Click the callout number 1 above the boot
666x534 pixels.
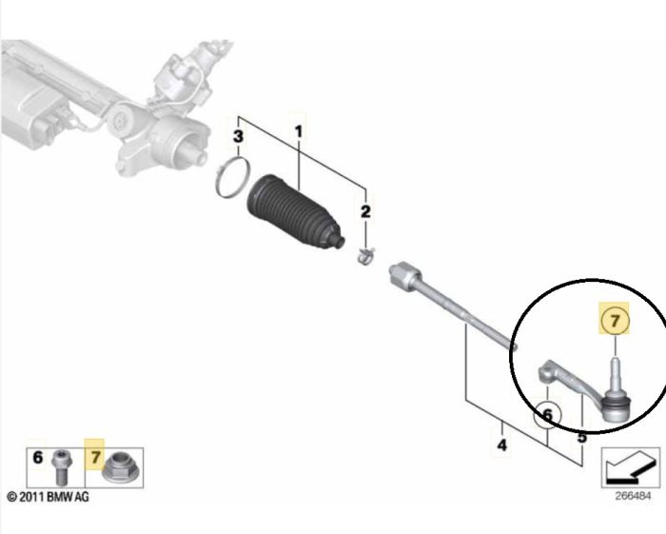(299, 131)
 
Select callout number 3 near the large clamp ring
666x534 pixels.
(238, 137)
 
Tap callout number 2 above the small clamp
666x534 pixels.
(365, 211)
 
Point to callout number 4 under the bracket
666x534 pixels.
(502, 445)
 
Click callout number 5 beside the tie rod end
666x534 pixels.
(582, 436)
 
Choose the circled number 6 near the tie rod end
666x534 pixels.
(548, 415)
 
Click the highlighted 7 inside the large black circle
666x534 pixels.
(615, 321)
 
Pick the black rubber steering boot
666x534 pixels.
(295, 211)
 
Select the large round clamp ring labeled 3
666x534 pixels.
(232, 177)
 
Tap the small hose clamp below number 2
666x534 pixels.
(365, 256)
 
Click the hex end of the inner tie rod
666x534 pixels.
(402, 273)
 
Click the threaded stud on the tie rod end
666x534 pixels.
(616, 372)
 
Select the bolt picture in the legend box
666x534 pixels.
(63, 467)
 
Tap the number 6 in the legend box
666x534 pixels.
(38, 458)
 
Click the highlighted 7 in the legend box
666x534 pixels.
(95, 458)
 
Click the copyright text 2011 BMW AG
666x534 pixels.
(48, 497)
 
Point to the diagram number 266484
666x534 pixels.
(633, 496)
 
